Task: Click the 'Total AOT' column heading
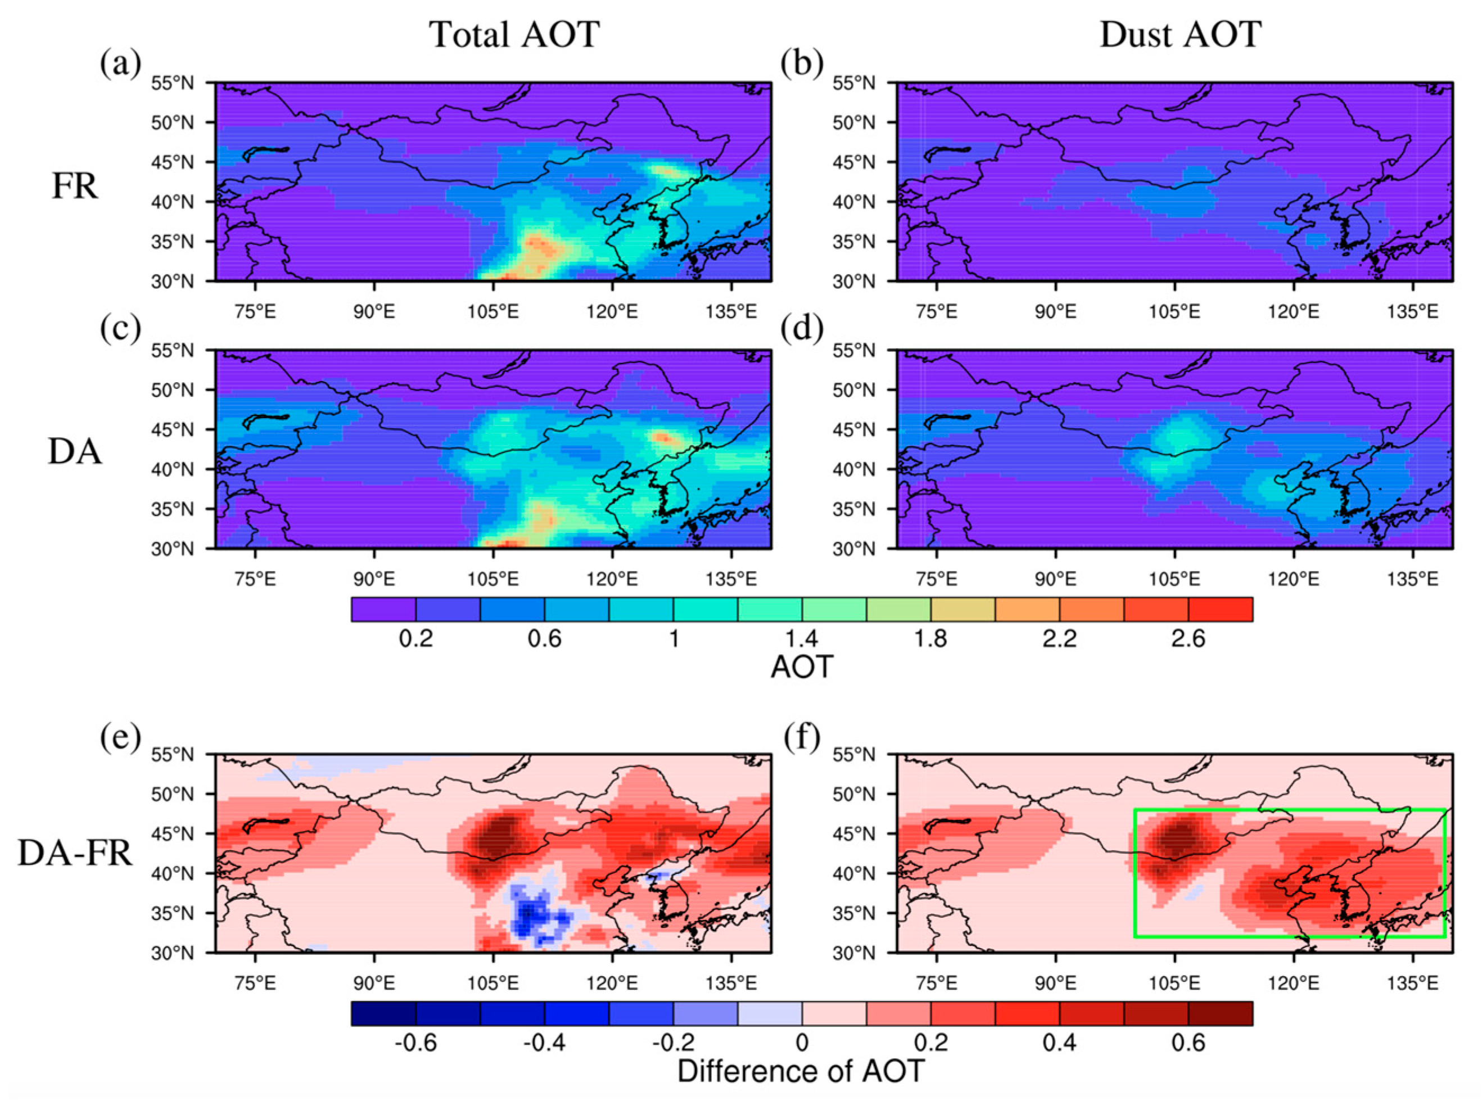click(x=514, y=35)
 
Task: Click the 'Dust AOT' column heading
click(x=1180, y=35)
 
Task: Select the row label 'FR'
click(x=74, y=187)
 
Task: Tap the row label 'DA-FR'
click(x=74, y=854)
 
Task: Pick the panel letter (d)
click(x=802, y=329)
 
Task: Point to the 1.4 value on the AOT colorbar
click(x=802, y=638)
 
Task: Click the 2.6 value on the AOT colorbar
click(x=1188, y=638)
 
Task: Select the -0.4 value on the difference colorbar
click(x=544, y=1042)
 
